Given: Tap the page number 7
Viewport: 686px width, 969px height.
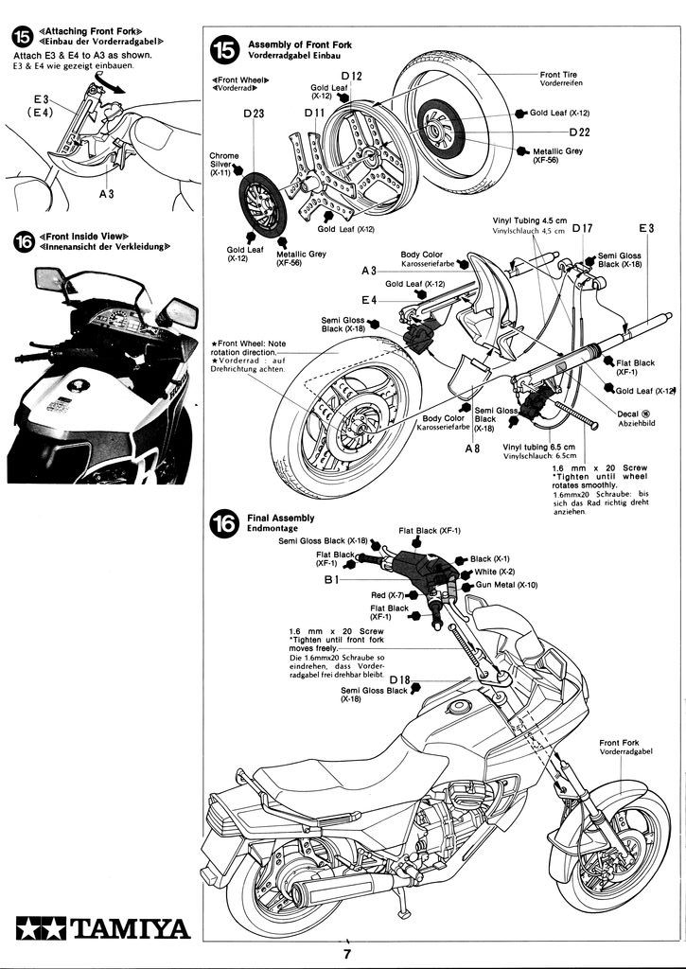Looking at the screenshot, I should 348,954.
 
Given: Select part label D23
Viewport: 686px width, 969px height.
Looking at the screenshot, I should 254,114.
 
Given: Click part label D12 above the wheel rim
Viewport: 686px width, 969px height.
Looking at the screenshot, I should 351,75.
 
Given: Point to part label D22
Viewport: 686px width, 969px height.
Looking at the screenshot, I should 578,132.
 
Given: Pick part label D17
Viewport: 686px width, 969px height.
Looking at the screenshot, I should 582,228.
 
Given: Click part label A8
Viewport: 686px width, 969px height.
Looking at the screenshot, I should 474,449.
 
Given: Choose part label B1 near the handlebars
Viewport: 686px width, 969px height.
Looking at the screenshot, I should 332,579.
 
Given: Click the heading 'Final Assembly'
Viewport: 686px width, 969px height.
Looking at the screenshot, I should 281,518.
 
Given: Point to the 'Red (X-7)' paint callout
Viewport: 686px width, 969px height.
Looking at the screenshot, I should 387,594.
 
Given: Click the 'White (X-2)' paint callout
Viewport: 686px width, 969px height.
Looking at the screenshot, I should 494,572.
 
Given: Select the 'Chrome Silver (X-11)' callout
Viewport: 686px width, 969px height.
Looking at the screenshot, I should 224,164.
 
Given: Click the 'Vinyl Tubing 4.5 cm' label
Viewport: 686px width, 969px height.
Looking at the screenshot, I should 535,220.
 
